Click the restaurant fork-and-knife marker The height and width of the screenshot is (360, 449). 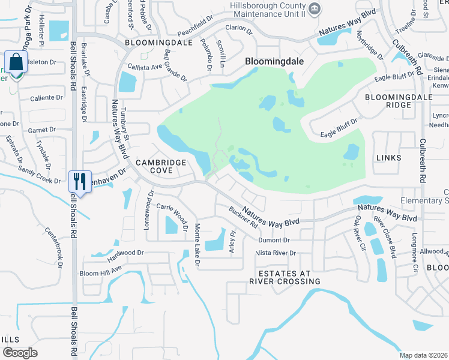click(80, 181)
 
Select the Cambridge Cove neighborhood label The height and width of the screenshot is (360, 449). click(154, 166)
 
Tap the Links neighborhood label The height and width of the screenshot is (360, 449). click(388, 157)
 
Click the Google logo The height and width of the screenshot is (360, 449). click(20, 352)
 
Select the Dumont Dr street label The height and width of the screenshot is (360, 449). click(274, 240)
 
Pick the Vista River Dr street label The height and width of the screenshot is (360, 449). click(276, 253)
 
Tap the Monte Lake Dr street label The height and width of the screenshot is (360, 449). click(196, 245)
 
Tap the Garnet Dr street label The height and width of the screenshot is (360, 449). click(42, 129)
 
